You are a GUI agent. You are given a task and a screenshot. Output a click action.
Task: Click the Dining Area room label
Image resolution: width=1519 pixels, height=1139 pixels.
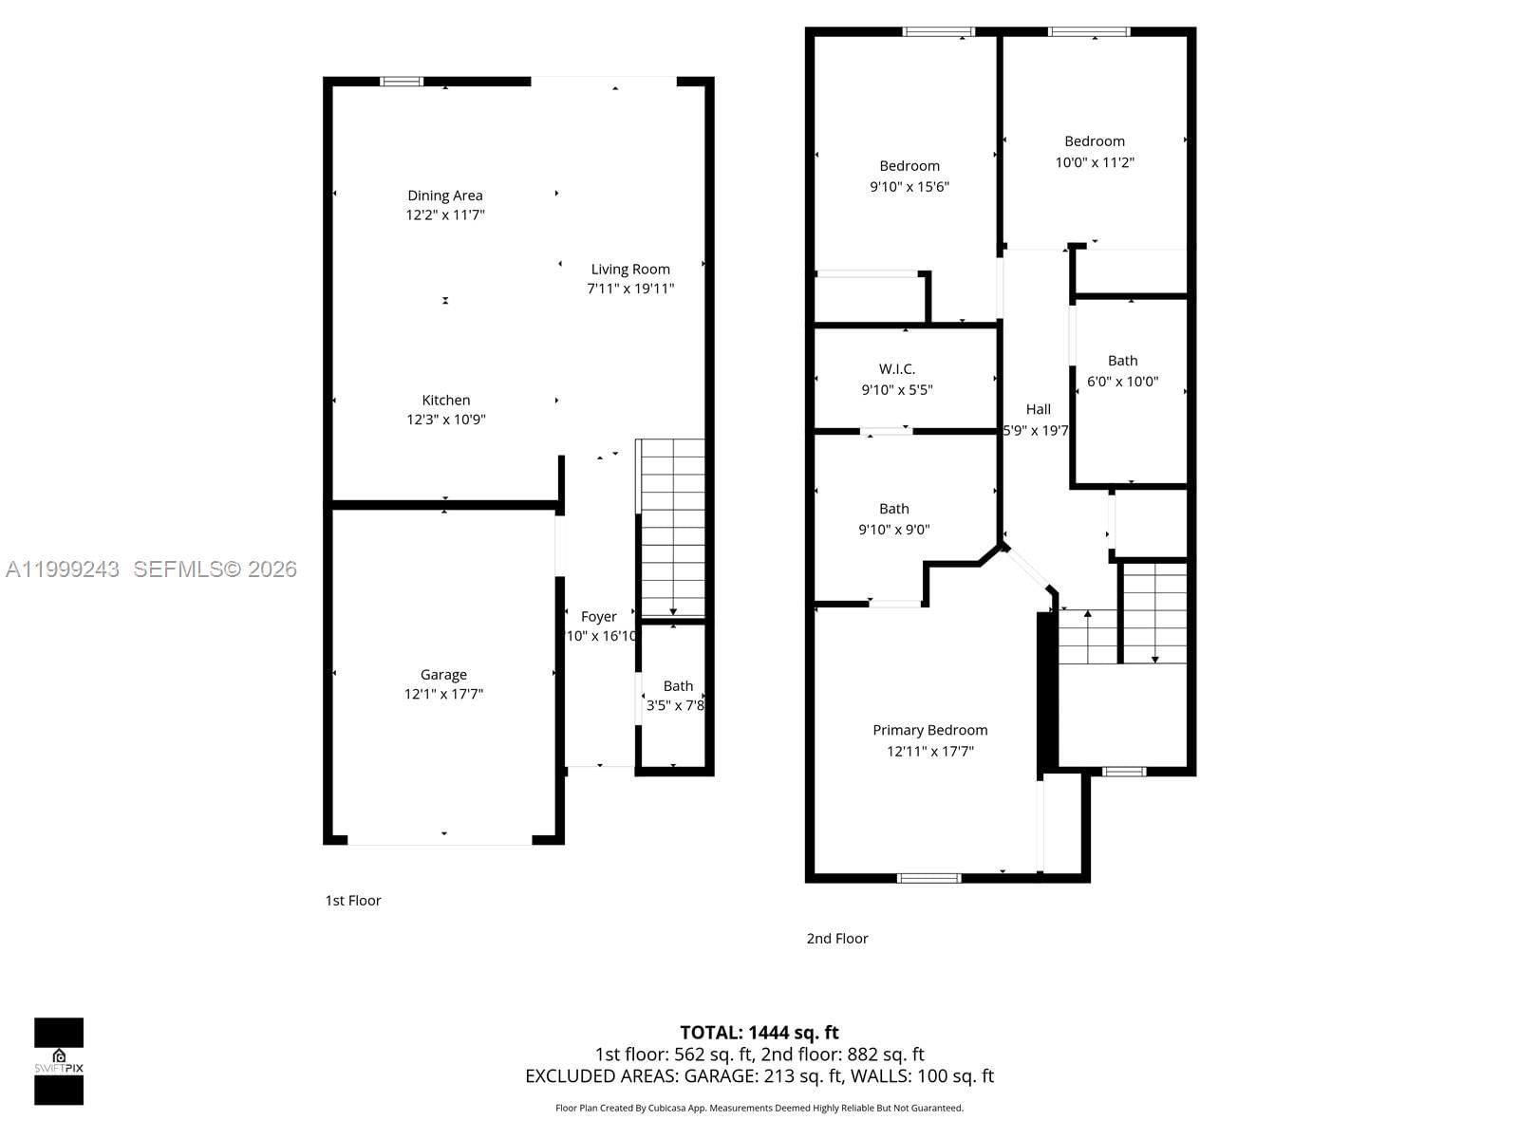point(445,196)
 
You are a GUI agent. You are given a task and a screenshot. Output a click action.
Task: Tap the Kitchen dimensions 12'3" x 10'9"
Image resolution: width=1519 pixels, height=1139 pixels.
point(446,420)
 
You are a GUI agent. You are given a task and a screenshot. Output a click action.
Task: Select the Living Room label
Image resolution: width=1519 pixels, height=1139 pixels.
point(630,270)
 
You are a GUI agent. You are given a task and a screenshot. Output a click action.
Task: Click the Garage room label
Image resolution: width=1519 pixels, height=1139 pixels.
point(443,675)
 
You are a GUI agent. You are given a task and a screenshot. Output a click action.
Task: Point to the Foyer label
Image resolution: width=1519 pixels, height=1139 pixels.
point(599,617)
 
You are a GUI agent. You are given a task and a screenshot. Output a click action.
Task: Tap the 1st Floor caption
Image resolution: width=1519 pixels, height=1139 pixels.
point(353,901)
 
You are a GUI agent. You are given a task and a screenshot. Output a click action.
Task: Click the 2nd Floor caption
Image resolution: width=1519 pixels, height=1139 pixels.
point(837,939)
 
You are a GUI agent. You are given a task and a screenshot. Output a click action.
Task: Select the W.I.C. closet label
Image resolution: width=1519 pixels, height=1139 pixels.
point(897,369)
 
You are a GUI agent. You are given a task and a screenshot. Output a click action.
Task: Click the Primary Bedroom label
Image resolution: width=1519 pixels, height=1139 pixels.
point(930,730)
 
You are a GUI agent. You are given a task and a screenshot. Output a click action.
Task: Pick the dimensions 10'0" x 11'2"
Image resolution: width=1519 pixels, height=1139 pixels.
point(1095,162)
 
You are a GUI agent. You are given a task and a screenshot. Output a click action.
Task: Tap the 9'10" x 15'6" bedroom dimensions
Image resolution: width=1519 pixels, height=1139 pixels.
point(910,187)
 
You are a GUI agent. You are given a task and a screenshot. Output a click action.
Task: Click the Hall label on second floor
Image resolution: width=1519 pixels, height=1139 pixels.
point(1038,409)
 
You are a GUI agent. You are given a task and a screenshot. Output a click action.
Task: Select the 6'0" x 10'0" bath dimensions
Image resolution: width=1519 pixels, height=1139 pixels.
point(1122,382)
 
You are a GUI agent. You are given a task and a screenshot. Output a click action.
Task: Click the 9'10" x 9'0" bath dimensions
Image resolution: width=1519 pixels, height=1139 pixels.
point(893,530)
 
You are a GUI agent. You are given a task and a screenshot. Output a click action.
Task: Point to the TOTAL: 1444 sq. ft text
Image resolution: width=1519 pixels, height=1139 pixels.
point(759,1033)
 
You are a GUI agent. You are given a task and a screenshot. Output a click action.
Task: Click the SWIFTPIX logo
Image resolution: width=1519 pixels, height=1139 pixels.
point(59,1061)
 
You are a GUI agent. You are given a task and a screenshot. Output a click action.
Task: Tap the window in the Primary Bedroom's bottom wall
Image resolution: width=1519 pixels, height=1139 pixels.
point(929,878)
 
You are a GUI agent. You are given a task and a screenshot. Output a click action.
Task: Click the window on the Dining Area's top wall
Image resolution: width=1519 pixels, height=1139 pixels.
point(402,82)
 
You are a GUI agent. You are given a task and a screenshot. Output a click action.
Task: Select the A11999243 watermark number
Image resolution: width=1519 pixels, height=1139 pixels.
point(63,569)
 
